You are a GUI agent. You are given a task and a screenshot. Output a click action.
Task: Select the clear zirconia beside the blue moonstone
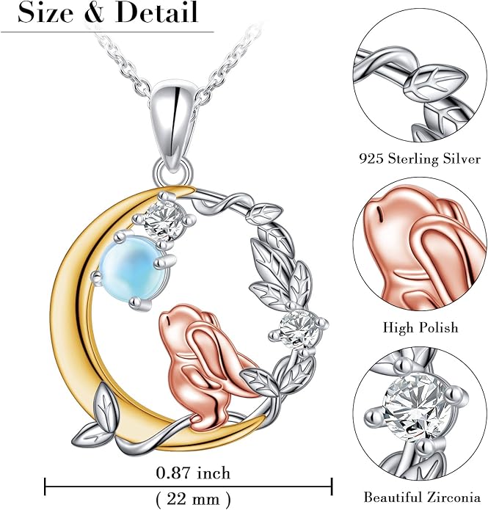pos(164,219)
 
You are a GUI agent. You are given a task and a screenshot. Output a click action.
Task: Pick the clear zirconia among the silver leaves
pos(299,329)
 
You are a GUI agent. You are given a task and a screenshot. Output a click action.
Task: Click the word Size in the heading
pos(45,13)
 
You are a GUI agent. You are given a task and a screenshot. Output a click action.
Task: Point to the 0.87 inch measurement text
pos(193,473)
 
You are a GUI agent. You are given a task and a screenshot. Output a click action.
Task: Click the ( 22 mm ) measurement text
pos(194,498)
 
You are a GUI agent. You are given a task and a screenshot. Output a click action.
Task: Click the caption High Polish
pos(420,327)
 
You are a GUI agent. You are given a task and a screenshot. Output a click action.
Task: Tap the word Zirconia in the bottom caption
pos(454,498)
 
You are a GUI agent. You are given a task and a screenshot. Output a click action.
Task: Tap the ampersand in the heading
pos(95,13)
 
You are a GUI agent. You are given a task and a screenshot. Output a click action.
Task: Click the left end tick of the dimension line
pos(45,487)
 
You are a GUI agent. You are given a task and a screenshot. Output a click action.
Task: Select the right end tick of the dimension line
pos(332,487)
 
